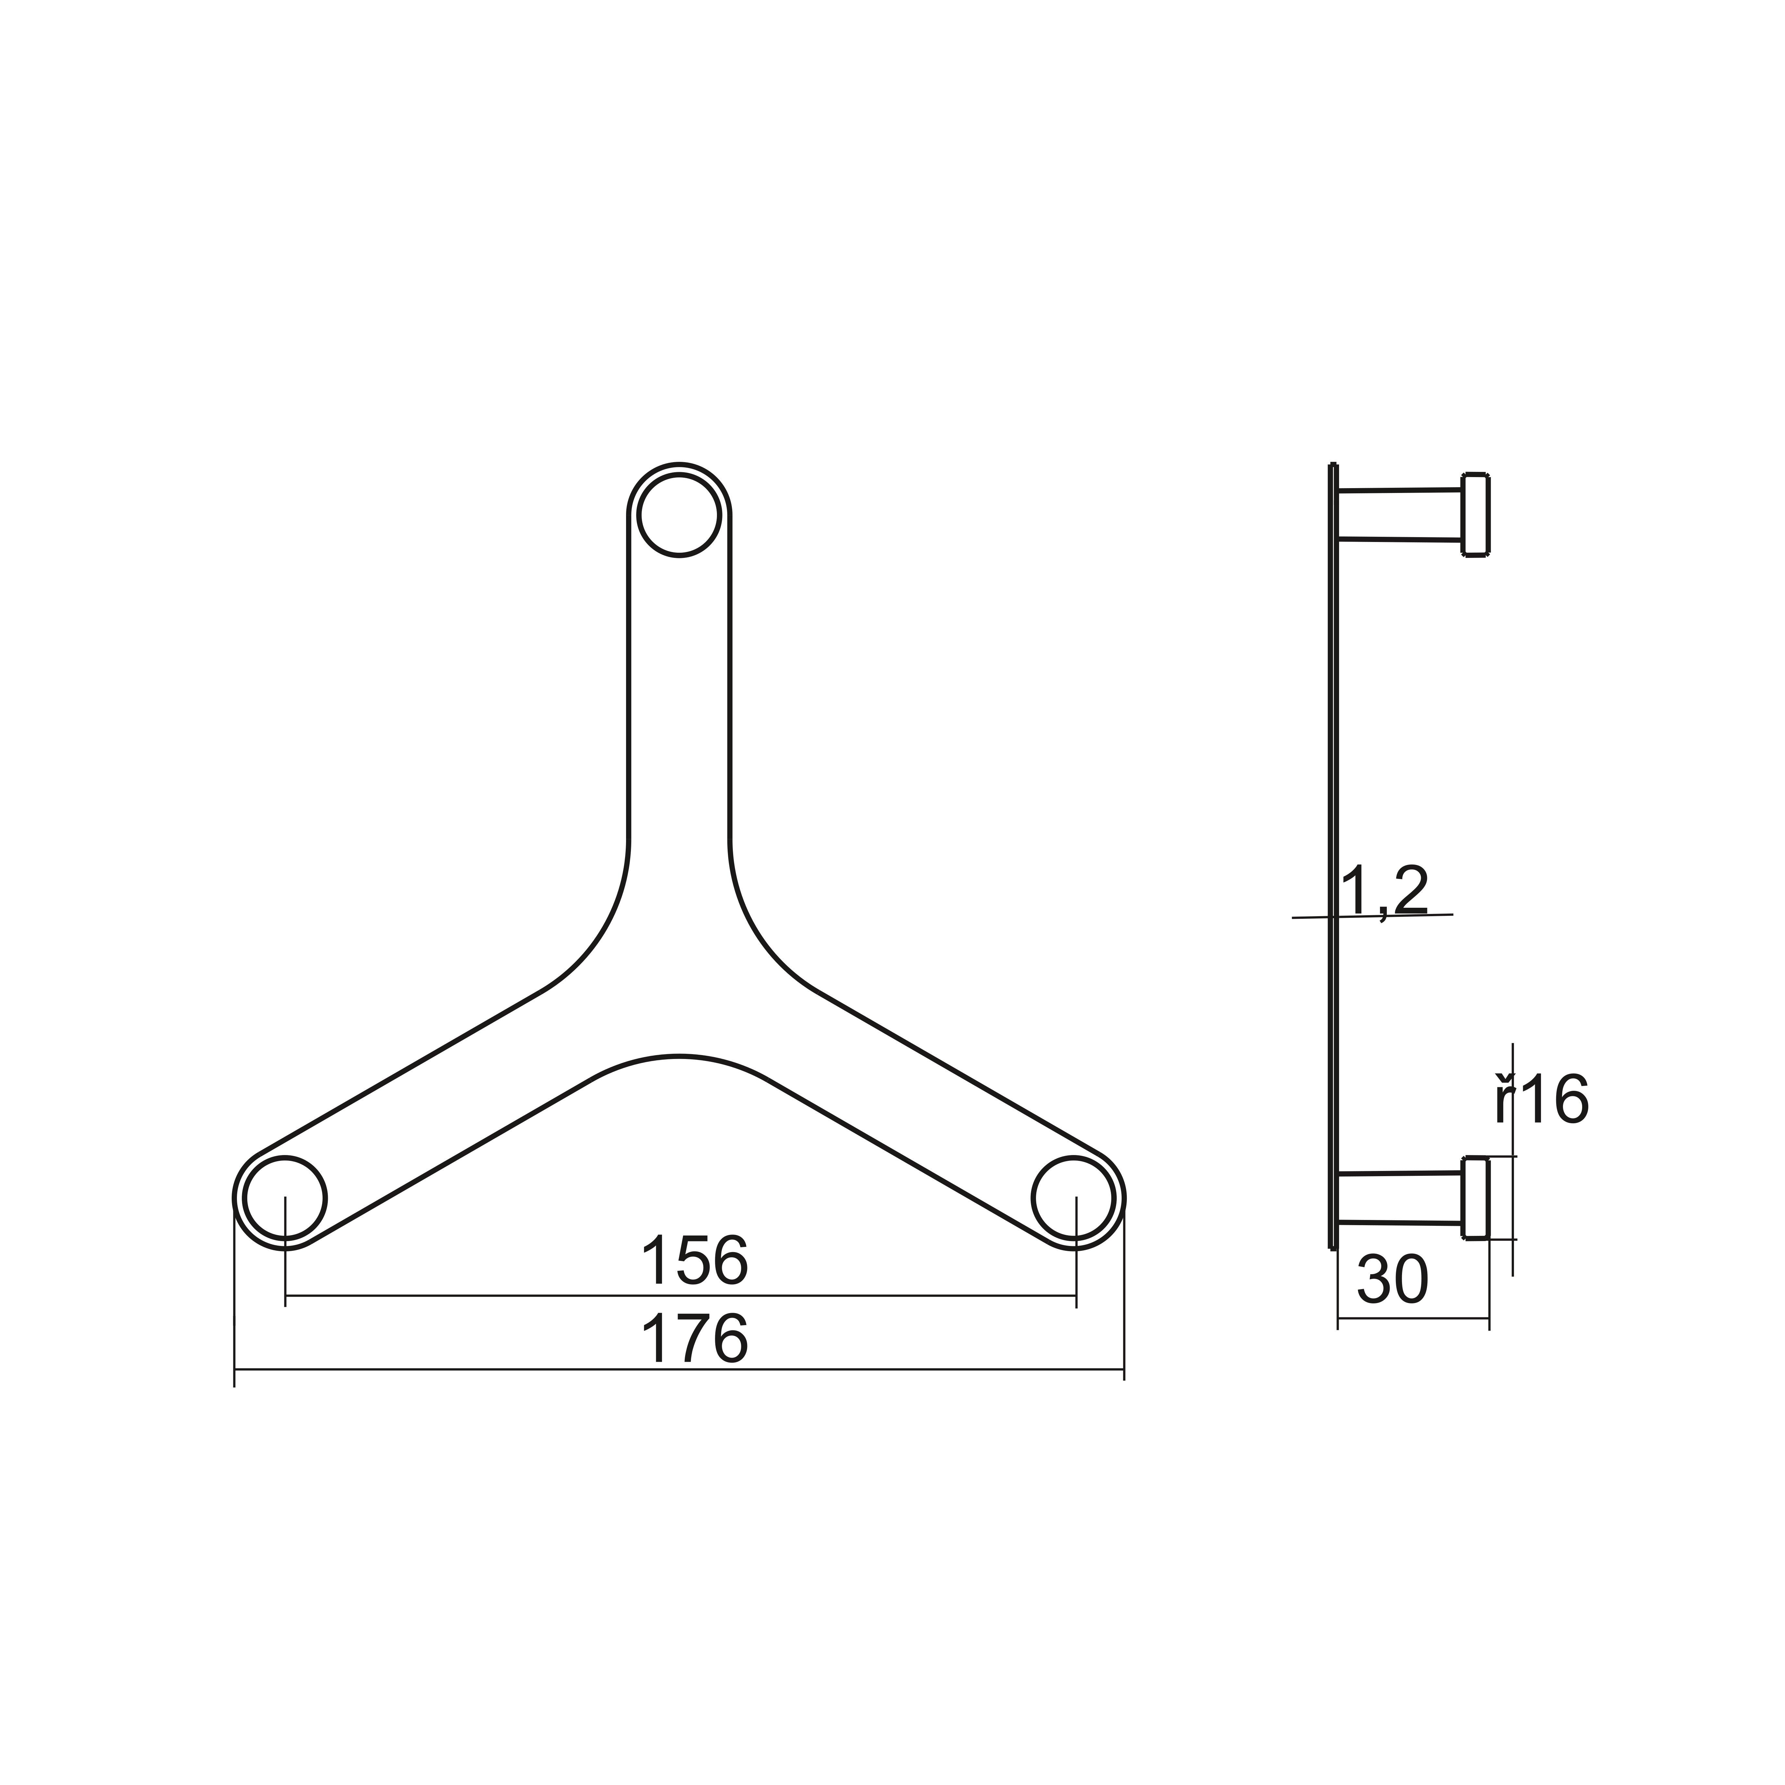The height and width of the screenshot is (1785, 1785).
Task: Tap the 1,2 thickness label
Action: pyautogui.click(x=1384, y=892)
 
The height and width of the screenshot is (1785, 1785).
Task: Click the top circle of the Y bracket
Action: pyautogui.click(x=679, y=515)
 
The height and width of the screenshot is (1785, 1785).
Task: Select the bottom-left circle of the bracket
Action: pyautogui.click(x=286, y=1198)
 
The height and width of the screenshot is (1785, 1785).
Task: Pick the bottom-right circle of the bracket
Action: pyautogui.click(x=1074, y=1198)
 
